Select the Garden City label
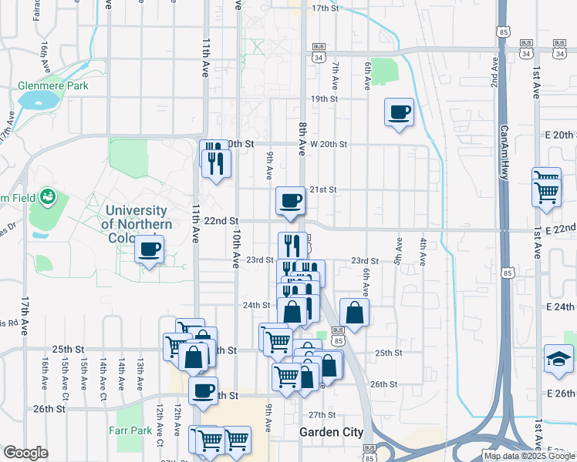tap(331, 433)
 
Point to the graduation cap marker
tap(558, 359)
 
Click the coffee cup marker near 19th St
tap(399, 112)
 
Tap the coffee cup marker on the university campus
tap(149, 249)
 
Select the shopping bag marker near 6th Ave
tap(354, 313)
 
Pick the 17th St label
tap(326, 8)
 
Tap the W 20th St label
tap(329, 144)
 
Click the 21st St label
tap(323, 189)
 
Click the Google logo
tap(25, 453)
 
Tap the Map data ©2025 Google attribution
tap(529, 456)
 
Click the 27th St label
tap(322, 414)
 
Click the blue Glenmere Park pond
tap(35, 100)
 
